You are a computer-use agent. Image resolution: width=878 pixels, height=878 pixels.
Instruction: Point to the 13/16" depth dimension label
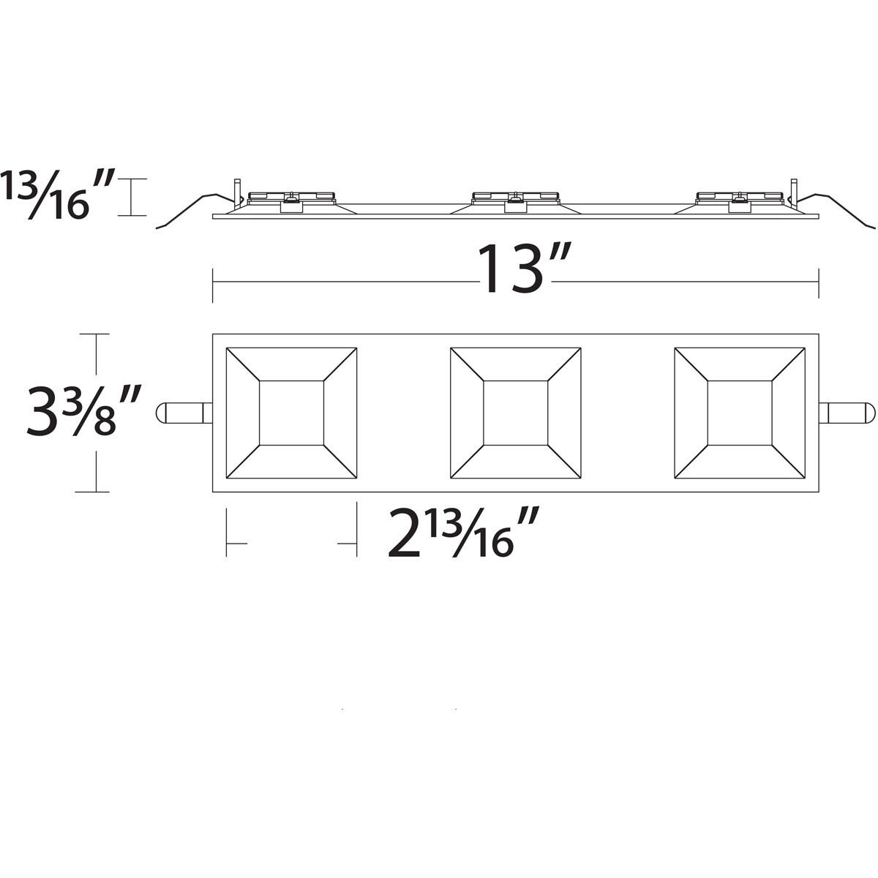click(x=57, y=195)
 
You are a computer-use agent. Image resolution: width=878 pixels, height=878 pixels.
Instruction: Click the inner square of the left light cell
click(x=291, y=413)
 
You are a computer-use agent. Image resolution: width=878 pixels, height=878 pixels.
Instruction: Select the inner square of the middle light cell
click(x=516, y=413)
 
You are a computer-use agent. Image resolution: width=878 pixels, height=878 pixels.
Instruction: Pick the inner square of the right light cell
click(x=740, y=413)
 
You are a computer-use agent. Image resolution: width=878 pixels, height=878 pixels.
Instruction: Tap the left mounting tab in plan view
click(x=184, y=413)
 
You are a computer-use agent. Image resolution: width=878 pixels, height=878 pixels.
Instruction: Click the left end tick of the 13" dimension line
click(x=213, y=285)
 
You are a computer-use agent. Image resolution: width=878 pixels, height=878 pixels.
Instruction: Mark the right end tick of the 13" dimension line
click(x=818, y=285)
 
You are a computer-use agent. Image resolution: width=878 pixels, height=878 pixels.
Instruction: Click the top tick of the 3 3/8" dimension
click(x=95, y=334)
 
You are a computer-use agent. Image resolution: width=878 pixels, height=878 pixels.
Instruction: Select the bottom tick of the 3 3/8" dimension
click(x=95, y=492)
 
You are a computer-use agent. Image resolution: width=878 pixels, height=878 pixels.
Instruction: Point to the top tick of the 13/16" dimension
click(x=132, y=179)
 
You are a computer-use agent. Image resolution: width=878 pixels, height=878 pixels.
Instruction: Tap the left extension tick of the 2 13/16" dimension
click(x=227, y=533)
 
